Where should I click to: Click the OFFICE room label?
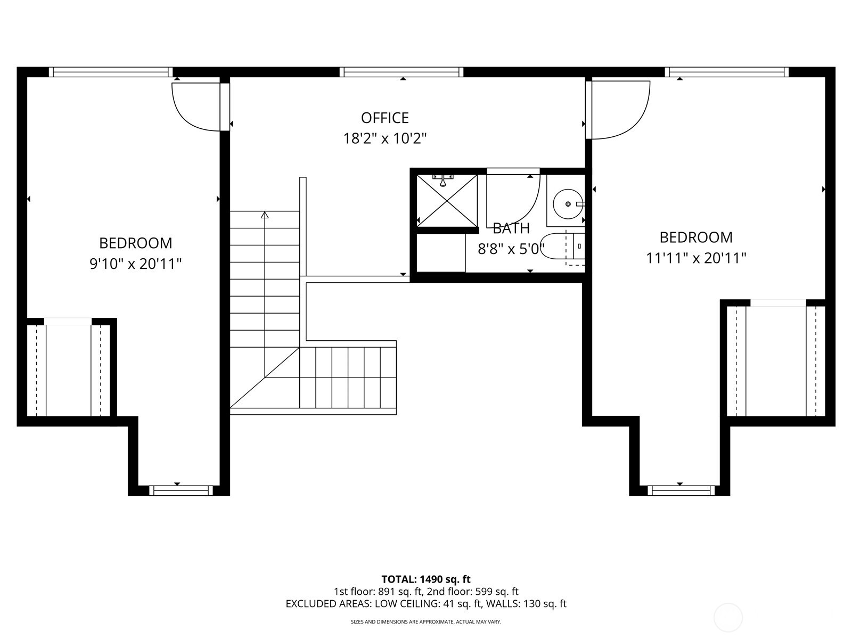coord(384,118)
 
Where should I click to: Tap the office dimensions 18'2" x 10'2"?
coord(384,139)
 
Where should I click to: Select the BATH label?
coord(511,228)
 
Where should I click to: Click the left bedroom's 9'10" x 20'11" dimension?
coord(136,264)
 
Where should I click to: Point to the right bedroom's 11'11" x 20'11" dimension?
coord(695,258)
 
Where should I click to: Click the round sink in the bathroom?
coord(567,204)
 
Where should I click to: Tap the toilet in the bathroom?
coord(564,247)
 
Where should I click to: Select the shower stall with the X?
coord(447,200)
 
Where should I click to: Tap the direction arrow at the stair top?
coord(265,215)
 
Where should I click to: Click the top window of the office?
coord(402,72)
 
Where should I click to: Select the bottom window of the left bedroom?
coord(181,490)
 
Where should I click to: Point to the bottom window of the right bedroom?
coord(680,490)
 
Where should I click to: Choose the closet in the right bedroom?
coord(776,361)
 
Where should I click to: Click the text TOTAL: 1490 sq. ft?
coord(425,579)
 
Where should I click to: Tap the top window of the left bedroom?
coord(111,72)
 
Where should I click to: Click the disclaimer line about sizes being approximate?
coord(425,621)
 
